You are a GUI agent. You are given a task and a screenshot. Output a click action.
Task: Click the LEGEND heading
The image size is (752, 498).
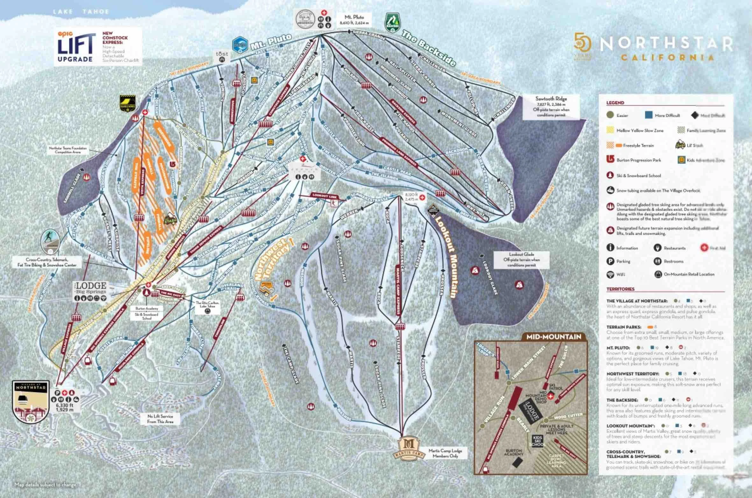[x=615, y=103]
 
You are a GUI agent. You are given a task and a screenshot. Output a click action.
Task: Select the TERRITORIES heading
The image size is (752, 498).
[x=620, y=289]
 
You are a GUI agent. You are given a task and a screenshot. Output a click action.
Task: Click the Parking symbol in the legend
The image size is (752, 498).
[x=610, y=261]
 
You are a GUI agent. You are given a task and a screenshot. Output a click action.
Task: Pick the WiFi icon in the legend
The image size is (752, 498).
[x=610, y=274]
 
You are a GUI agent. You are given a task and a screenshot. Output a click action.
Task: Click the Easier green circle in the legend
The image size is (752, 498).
[x=610, y=115]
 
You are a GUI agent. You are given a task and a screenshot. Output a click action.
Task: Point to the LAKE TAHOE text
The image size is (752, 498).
[x=81, y=12]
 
